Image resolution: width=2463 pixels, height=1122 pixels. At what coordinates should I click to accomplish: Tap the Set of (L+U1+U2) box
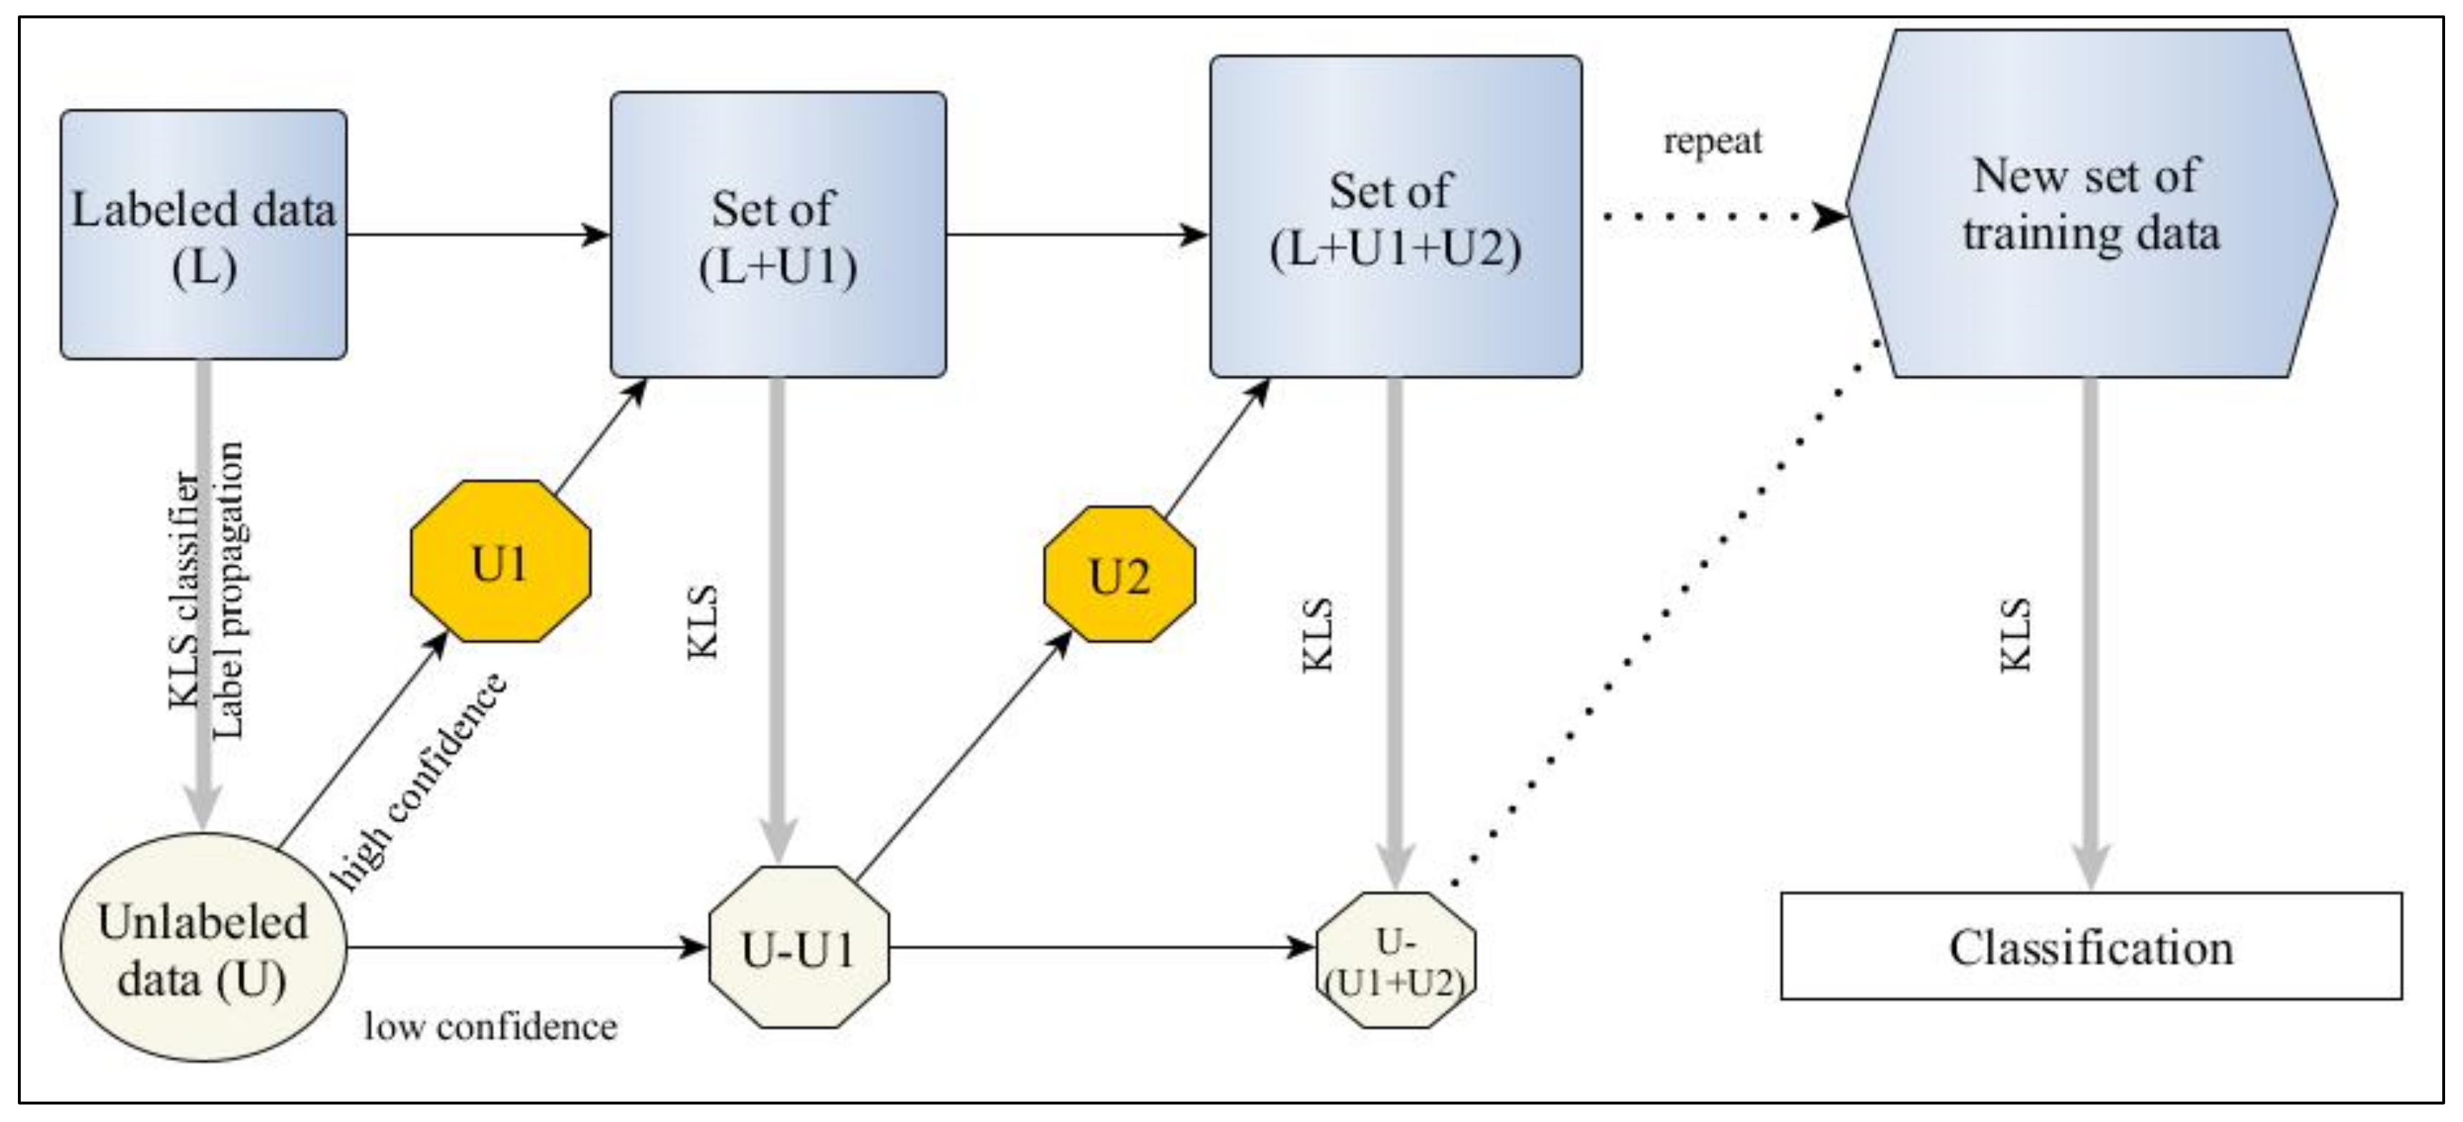pyautogui.click(x=1395, y=217)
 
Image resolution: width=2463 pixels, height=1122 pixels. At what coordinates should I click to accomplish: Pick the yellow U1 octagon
pyautogui.click(x=500, y=562)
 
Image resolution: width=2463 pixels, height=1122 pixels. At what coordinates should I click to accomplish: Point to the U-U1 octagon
pyautogui.click(x=798, y=948)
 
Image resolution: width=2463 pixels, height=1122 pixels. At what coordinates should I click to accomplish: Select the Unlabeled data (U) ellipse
pyautogui.click(x=203, y=948)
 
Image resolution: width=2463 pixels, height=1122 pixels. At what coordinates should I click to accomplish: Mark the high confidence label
pyautogui.click(x=418, y=782)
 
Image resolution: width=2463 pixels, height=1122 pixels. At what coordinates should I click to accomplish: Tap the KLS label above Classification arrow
pyautogui.click(x=2015, y=635)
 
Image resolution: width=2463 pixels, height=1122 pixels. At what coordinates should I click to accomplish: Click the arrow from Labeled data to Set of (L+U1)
pyautogui.click(x=478, y=234)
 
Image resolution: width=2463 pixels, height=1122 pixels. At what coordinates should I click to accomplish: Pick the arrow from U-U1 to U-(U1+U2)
pyautogui.click(x=1100, y=948)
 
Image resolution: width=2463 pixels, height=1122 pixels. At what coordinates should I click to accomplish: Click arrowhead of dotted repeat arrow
pyautogui.click(x=1830, y=217)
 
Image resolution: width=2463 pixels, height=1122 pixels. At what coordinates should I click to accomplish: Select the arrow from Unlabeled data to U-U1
pyautogui.click(x=526, y=948)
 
